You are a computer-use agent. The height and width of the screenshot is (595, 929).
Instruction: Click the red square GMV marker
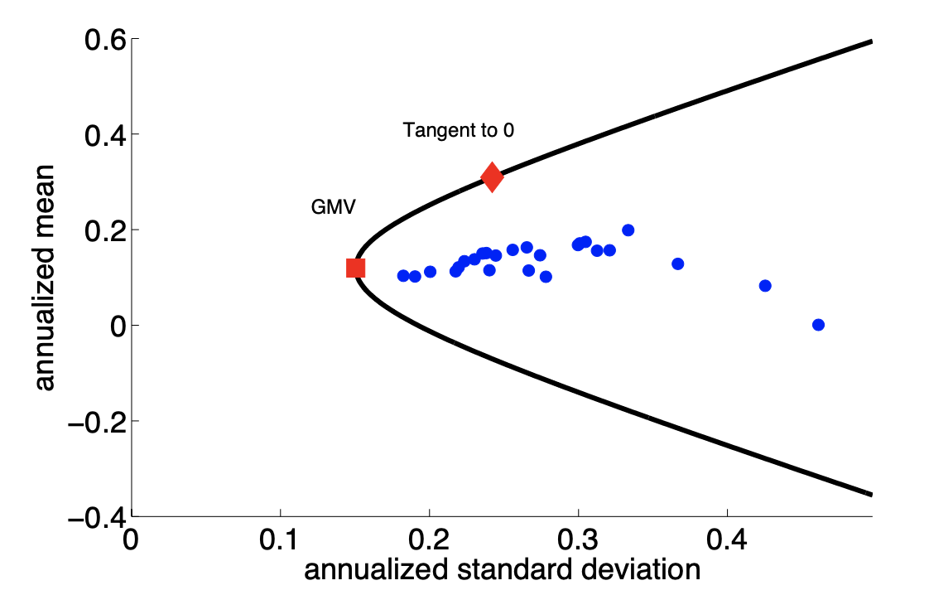click(x=355, y=268)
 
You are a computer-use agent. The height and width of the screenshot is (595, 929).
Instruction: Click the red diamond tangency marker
click(x=492, y=177)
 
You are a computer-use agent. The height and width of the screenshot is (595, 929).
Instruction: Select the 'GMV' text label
click(x=333, y=208)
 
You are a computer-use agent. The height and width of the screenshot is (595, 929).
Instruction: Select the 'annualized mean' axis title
click(x=43, y=278)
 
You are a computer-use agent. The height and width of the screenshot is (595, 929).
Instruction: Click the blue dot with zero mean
click(x=818, y=325)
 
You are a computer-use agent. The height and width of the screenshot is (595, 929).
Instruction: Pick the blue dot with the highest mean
click(x=628, y=230)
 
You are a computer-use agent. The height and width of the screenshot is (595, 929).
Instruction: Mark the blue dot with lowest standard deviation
click(x=403, y=275)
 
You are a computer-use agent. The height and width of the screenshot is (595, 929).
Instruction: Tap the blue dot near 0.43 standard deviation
click(x=765, y=286)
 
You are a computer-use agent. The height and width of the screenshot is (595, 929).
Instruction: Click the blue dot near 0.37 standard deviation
click(x=677, y=264)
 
